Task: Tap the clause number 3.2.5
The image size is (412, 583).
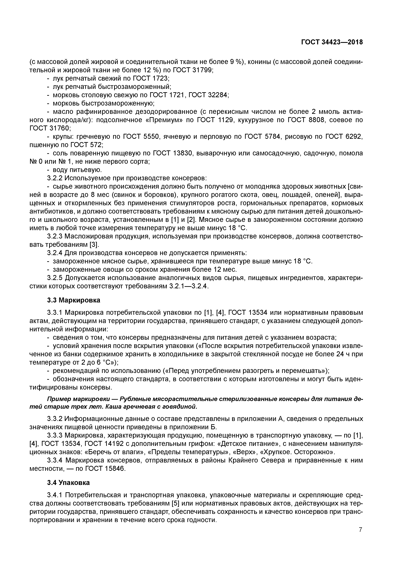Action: pos(55,278)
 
